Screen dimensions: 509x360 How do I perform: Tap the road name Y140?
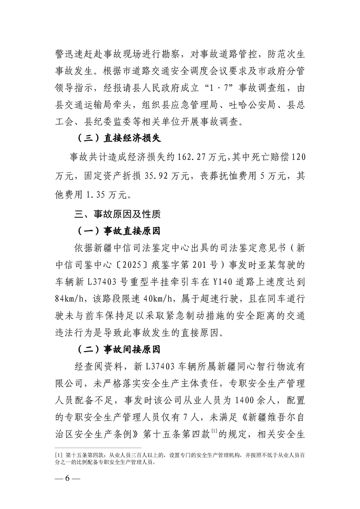tap(222, 282)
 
